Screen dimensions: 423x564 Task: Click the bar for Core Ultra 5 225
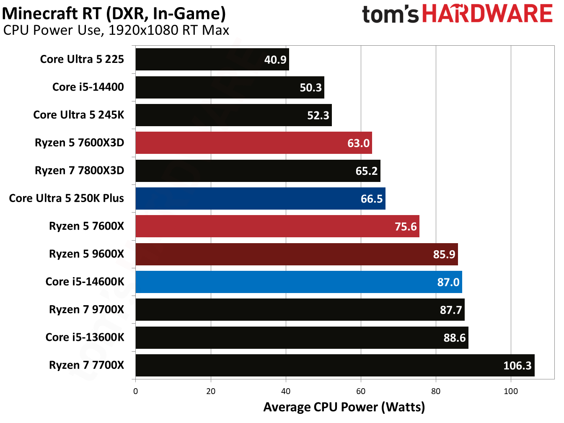(212, 60)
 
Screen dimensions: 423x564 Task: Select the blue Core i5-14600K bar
(298, 282)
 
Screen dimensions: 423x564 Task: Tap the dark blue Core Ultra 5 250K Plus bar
(260, 198)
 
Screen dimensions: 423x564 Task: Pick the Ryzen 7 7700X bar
(334, 365)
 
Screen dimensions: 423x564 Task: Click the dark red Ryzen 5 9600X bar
(296, 254)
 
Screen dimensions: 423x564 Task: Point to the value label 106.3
(517, 366)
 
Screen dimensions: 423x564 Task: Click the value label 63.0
(358, 143)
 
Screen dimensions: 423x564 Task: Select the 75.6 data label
(406, 227)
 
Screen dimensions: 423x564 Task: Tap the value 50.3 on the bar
(310, 88)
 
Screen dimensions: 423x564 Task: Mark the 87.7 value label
(450, 310)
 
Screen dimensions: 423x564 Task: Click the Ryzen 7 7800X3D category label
(79, 171)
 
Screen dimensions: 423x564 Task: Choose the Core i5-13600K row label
(85, 337)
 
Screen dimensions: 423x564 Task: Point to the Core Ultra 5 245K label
(78, 115)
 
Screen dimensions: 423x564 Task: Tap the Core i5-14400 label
(88, 87)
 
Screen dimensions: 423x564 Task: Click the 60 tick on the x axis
(361, 391)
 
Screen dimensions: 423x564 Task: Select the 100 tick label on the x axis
(510, 391)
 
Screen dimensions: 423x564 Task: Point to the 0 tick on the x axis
(135, 391)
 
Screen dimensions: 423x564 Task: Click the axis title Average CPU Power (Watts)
(344, 407)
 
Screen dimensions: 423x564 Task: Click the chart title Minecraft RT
(114, 13)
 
